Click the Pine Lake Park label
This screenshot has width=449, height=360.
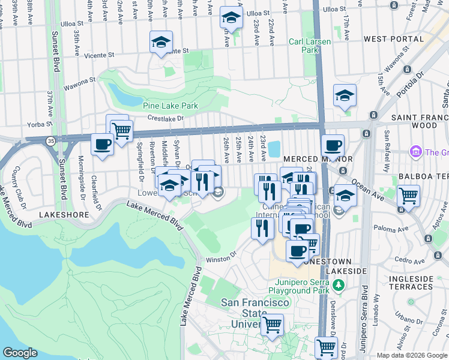click(x=170, y=106)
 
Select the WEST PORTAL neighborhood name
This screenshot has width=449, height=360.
click(x=393, y=39)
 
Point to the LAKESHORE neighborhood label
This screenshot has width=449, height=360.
click(x=64, y=214)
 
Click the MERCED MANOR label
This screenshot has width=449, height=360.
click(x=309, y=158)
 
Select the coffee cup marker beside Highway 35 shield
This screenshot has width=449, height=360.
click(x=103, y=145)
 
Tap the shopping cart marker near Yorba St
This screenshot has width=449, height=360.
click(x=122, y=130)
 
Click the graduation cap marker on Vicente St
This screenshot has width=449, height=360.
click(x=160, y=43)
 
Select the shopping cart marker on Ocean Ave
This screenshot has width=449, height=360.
click(x=408, y=196)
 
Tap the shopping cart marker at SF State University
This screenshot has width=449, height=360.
click(x=273, y=325)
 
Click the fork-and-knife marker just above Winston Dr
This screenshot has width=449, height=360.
click(x=262, y=228)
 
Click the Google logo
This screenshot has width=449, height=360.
click(x=20, y=353)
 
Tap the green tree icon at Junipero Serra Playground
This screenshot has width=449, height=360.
click(x=338, y=284)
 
